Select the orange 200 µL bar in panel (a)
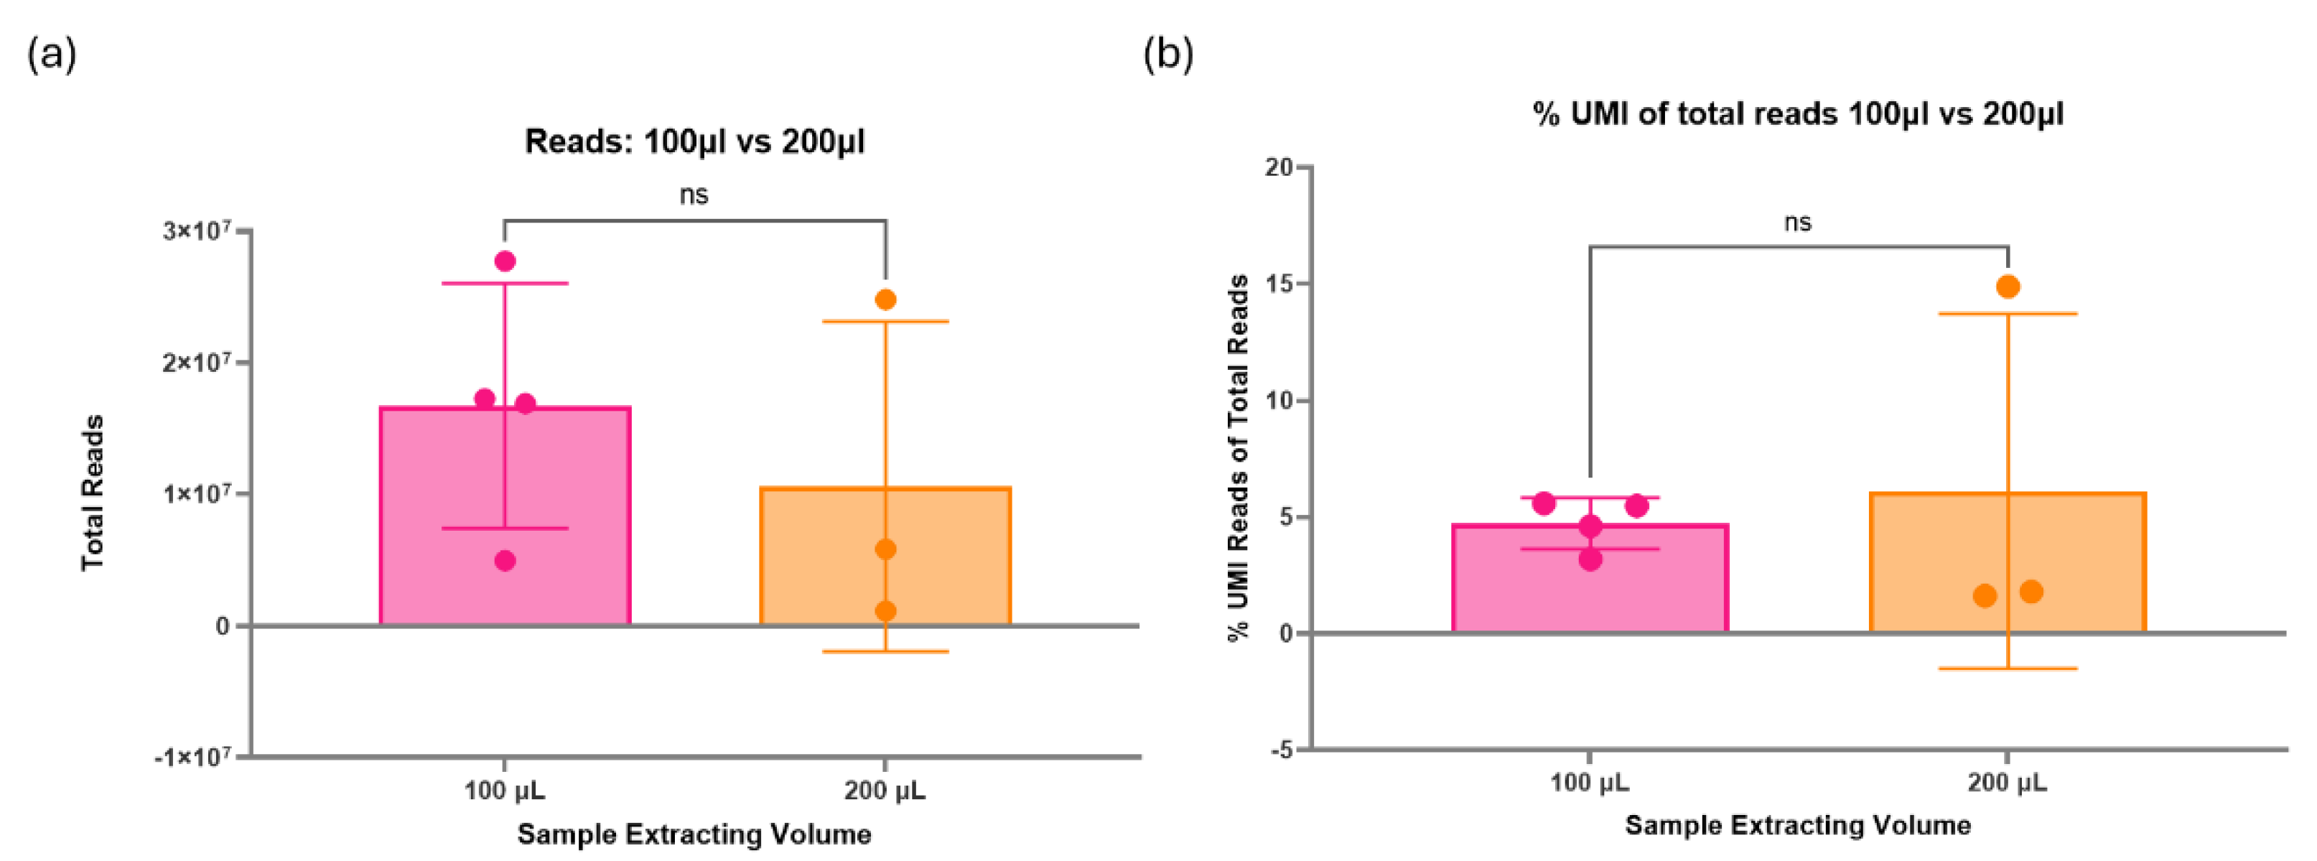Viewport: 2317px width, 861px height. pyautogui.click(x=809, y=576)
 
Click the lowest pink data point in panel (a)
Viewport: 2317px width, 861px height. pyautogui.click(x=505, y=562)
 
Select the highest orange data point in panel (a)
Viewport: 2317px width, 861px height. pyautogui.click(x=885, y=299)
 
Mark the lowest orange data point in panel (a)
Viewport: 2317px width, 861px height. pyautogui.click(x=885, y=612)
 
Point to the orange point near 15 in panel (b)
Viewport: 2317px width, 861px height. pyautogui.click(x=2008, y=287)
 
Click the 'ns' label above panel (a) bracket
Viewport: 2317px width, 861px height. pyautogui.click(x=694, y=195)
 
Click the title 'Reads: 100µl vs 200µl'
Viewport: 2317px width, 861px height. pyautogui.click(x=694, y=142)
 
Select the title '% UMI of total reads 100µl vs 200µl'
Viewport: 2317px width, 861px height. pyautogui.click(x=1797, y=114)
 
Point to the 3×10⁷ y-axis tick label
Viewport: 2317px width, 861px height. pyautogui.click(x=197, y=231)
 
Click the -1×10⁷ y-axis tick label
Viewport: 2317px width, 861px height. pyautogui.click(x=192, y=758)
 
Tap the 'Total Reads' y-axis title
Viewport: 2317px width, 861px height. pyautogui.click(x=93, y=493)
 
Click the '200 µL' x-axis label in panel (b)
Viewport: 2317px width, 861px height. pyautogui.click(x=2007, y=783)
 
